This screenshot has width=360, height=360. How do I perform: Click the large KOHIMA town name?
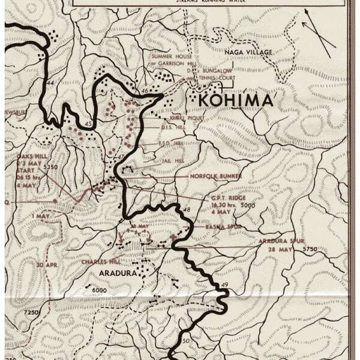coord(236,99)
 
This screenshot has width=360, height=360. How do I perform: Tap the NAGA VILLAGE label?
coord(248,53)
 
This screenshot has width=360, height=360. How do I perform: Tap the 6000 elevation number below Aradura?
coord(100,290)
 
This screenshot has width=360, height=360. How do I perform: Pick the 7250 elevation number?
coord(31,313)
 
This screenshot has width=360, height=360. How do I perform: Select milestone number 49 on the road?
coord(225,284)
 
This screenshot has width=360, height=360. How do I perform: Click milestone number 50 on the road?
coord(185,341)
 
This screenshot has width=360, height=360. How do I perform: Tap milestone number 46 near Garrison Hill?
coord(144,91)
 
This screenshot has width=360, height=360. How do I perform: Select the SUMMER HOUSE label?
coord(170,56)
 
